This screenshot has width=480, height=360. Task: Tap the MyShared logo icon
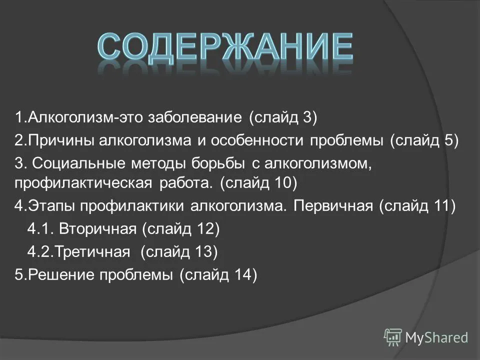coord(393,337)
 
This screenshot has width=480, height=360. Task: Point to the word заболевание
coord(195,117)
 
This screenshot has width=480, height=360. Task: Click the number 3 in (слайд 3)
coord(306,117)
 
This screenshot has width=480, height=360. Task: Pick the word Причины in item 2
coord(63,140)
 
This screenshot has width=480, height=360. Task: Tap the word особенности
coord(257,140)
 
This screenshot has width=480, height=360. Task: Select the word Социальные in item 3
coord(78,163)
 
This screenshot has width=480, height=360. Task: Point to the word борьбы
coord(218,163)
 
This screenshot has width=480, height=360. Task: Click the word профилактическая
coord(83,183)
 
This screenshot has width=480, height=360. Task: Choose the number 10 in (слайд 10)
coord(282,183)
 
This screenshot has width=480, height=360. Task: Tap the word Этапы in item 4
coord(51,206)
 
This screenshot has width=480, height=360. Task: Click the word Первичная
coord(333,206)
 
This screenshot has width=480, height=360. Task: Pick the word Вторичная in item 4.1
coord(97,228)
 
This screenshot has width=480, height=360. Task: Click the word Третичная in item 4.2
coord(92,251)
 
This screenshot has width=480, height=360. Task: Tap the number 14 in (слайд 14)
coord(242,274)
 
